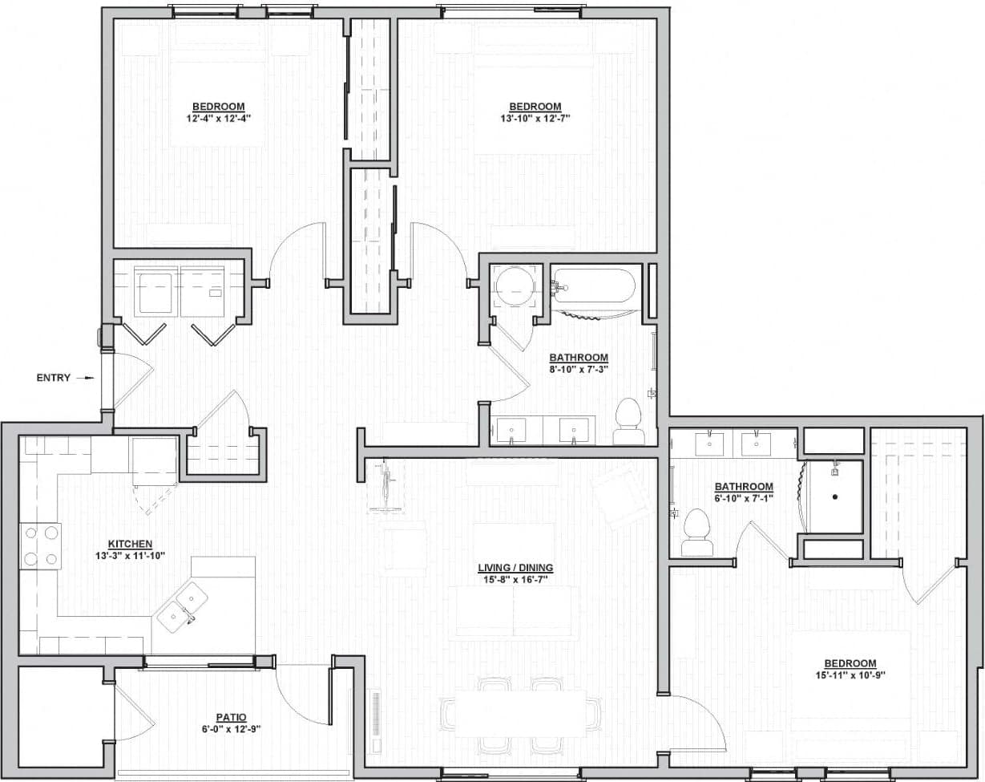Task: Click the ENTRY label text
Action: pyautogui.click(x=54, y=378)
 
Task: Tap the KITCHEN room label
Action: pyautogui.click(x=130, y=544)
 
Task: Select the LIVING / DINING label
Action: pyautogui.click(x=515, y=568)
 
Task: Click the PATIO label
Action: pyautogui.click(x=231, y=717)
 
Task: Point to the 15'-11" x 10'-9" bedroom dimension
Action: pyautogui.click(x=850, y=675)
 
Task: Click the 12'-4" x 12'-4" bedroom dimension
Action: pyautogui.click(x=218, y=118)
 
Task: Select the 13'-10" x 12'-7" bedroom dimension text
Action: pyautogui.click(x=535, y=118)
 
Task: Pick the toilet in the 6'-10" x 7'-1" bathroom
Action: pyautogui.click(x=696, y=533)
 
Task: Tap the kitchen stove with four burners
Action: pyautogui.click(x=41, y=545)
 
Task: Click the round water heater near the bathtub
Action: pyautogui.click(x=512, y=286)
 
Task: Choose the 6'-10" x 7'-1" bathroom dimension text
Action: pyautogui.click(x=744, y=498)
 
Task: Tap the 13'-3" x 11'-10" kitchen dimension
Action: pyautogui.click(x=130, y=555)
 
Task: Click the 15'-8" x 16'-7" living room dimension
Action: pyautogui.click(x=515, y=579)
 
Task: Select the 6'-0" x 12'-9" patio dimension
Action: pyautogui.click(x=231, y=729)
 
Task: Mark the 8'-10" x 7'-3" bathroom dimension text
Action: pyautogui.click(x=578, y=369)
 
